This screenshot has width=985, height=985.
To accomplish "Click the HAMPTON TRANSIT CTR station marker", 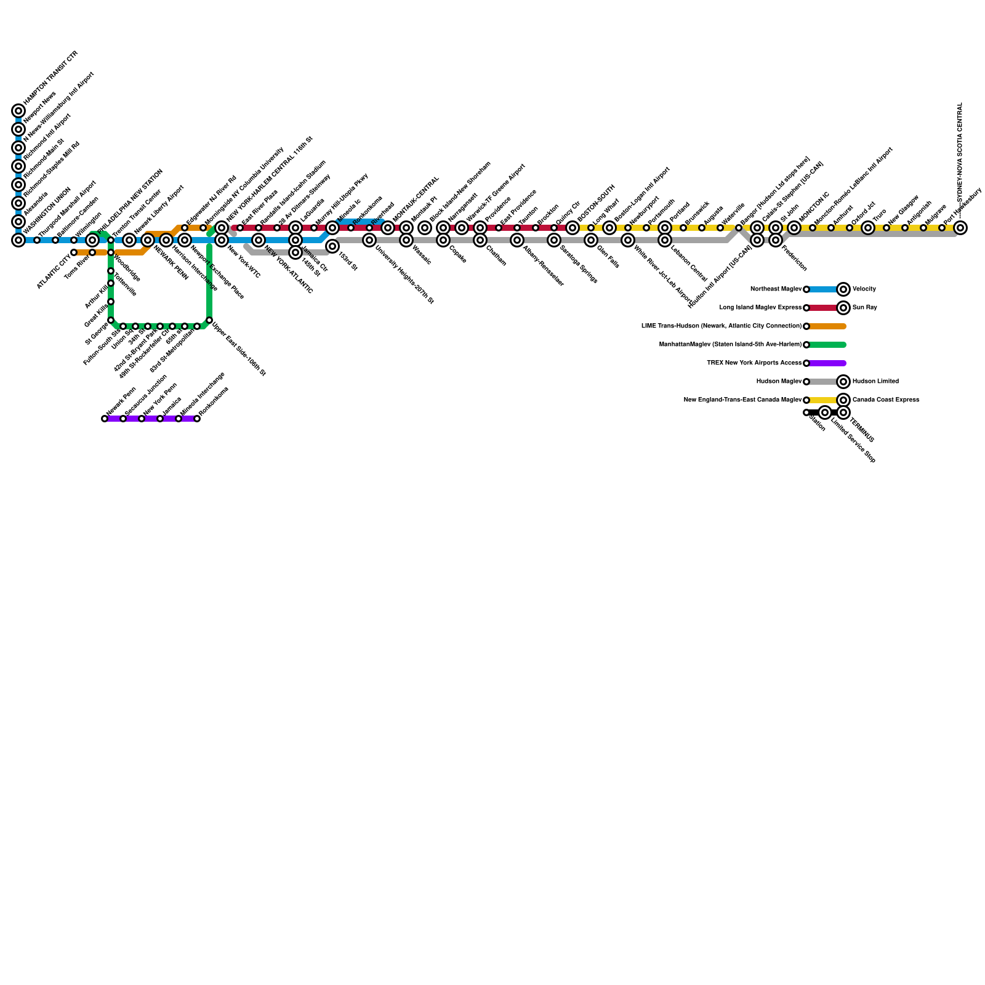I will [x=18, y=111].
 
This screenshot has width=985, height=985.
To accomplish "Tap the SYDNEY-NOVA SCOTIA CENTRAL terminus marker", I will [x=960, y=228].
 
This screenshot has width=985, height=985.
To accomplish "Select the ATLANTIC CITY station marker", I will [x=74, y=252].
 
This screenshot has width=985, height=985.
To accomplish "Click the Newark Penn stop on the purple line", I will [x=105, y=419].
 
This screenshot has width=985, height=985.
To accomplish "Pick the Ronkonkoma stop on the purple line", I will [x=197, y=419].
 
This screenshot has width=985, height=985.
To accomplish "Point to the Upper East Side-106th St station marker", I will [x=209, y=320].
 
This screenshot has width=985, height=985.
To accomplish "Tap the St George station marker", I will [x=111, y=320].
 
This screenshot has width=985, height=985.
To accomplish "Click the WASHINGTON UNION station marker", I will [x=18, y=240].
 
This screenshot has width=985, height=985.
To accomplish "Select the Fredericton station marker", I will [x=776, y=240].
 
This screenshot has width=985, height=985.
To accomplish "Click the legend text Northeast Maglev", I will [x=776, y=289].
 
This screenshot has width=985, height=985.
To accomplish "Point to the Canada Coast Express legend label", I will [x=885, y=400].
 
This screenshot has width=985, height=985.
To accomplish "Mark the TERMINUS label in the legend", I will [x=862, y=430].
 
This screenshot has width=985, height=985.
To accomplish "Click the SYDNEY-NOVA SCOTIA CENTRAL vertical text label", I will [x=960, y=151].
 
